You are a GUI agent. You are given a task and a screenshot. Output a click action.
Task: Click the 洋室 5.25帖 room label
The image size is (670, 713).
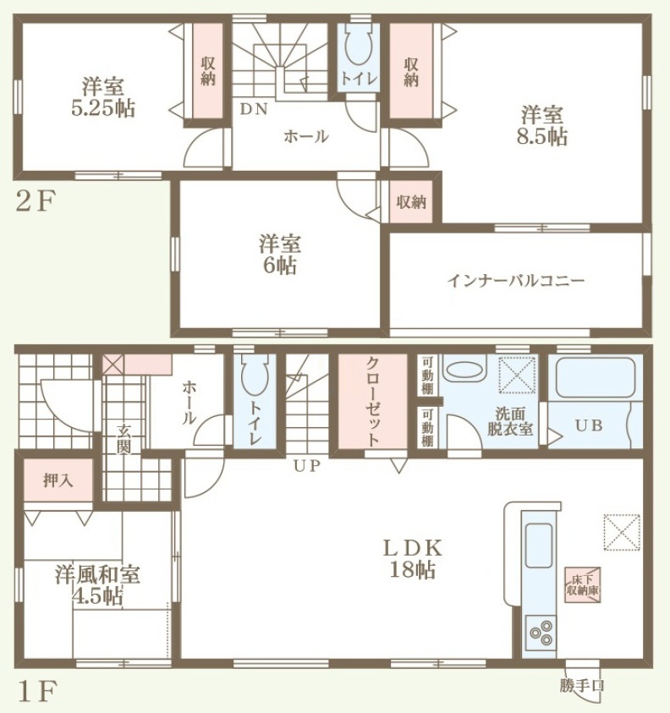click(103, 98)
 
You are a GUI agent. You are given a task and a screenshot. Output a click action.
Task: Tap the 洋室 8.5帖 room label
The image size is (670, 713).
click(541, 125)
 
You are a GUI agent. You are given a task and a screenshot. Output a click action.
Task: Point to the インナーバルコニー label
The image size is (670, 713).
click(515, 281)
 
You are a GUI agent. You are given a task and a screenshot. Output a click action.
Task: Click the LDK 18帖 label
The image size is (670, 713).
click(413, 559)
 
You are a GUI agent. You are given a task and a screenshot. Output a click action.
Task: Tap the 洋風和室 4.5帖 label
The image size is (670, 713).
click(97, 584)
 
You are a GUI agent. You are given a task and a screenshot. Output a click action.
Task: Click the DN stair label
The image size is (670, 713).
click(254, 109)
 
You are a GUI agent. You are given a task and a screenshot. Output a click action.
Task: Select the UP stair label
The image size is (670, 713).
click(306, 466)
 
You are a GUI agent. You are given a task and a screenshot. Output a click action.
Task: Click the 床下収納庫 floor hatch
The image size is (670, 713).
click(583, 585)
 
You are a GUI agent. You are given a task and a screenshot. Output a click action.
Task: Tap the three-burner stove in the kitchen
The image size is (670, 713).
click(541, 631)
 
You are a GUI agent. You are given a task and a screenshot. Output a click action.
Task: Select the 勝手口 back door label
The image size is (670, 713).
click(582, 686)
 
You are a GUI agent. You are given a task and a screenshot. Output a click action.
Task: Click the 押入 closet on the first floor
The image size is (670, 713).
click(58, 480)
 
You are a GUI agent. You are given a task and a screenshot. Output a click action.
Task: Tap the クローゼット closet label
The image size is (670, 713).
click(372, 402)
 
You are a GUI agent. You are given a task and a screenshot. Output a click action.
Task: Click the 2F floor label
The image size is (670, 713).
click(36, 201)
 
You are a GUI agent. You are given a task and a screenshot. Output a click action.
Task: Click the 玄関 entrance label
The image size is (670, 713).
click(124, 439)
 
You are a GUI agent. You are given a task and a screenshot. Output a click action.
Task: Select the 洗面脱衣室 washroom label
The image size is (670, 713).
click(510, 421)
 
